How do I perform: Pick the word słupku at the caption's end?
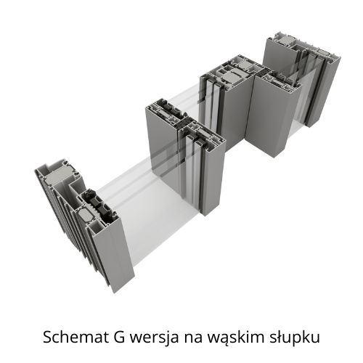click(295, 338)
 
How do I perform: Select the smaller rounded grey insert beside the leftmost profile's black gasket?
click(86, 215)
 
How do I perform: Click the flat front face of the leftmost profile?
click(114, 254)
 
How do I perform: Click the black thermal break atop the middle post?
click(181, 125)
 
